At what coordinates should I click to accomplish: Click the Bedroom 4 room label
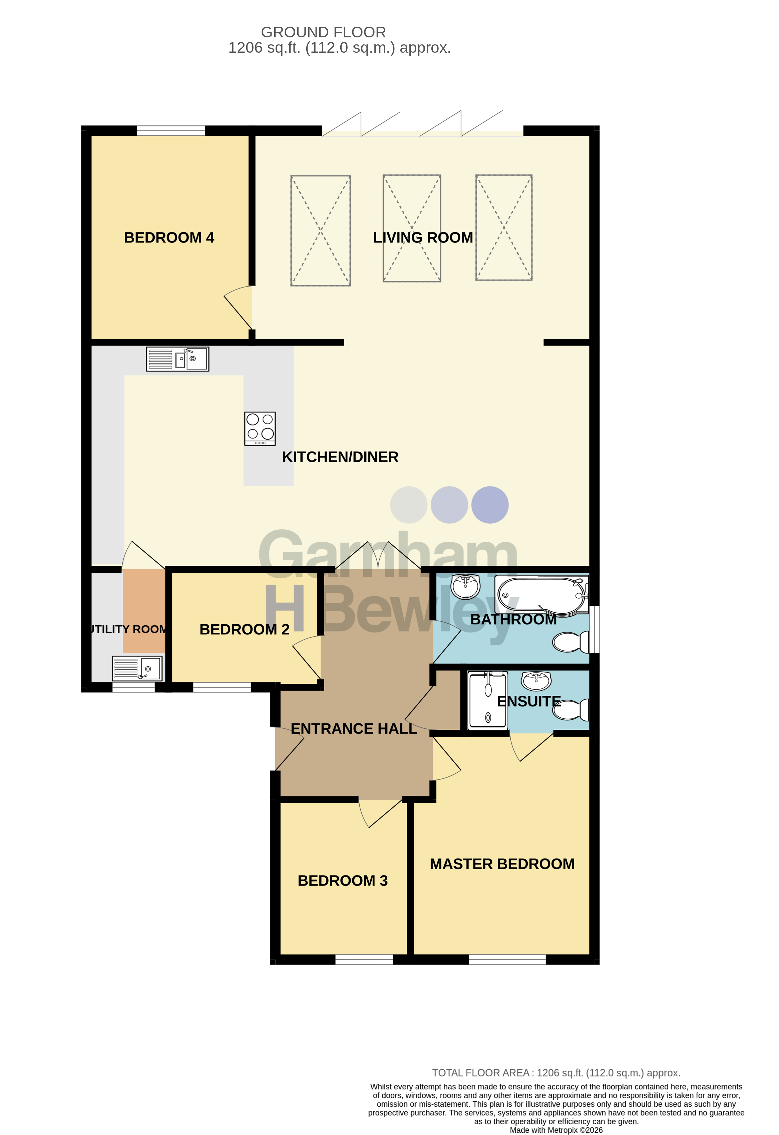click(169, 238)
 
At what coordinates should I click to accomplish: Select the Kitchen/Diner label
click(340, 457)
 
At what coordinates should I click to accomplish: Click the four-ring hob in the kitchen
click(260, 428)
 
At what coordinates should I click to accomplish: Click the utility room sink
click(137, 668)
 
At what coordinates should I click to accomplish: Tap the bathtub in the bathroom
click(542, 595)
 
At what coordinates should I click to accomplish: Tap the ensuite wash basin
click(536, 680)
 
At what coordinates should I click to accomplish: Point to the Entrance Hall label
click(354, 729)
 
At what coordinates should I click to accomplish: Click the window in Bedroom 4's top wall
click(170, 130)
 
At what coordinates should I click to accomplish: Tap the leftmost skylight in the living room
click(320, 230)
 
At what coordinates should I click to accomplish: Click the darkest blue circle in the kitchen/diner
click(490, 505)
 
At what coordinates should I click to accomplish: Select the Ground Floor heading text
click(323, 32)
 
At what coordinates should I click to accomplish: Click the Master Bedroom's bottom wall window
click(507, 959)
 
